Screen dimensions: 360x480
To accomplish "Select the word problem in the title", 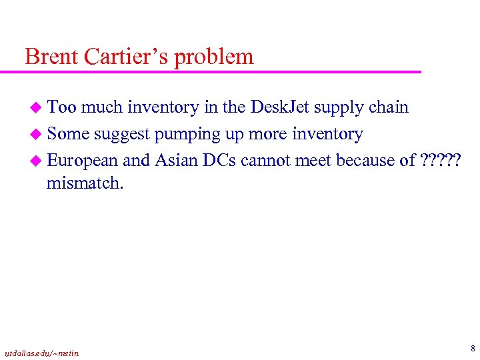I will [215, 58].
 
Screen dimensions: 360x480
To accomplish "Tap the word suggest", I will [122, 135].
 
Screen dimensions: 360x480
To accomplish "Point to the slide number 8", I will [472, 348].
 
